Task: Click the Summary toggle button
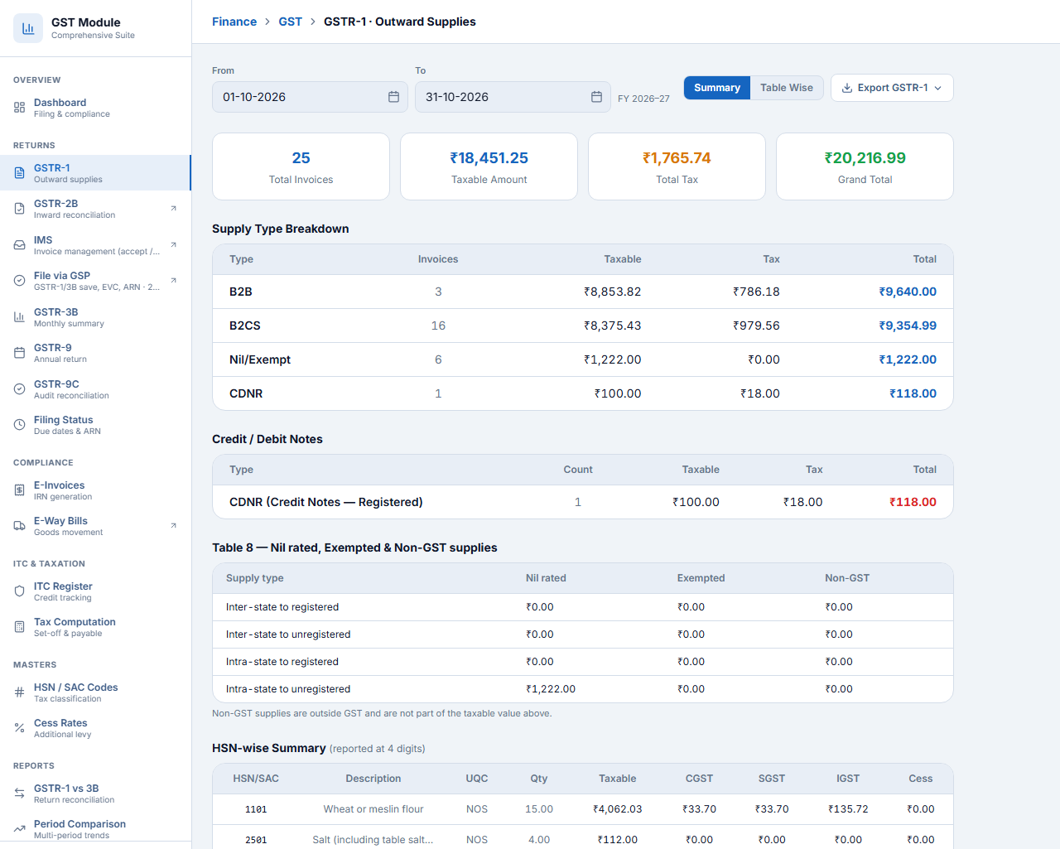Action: click(716, 88)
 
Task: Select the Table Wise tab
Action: click(786, 88)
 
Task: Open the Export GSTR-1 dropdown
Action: click(892, 88)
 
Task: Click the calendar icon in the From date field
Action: click(393, 97)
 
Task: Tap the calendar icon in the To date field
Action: click(596, 97)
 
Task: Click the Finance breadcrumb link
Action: click(234, 22)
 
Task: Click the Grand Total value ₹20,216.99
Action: click(865, 157)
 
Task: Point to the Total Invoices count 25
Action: click(301, 157)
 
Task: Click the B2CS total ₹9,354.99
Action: click(908, 326)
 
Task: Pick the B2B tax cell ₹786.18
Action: click(756, 292)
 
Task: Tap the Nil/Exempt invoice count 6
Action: click(438, 359)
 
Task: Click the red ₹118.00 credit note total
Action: click(913, 502)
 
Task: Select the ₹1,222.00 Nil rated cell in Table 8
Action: click(550, 689)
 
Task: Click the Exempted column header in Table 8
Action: click(701, 578)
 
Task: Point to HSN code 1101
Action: click(256, 809)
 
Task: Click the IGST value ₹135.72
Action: click(847, 809)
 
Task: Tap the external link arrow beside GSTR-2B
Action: click(173, 209)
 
